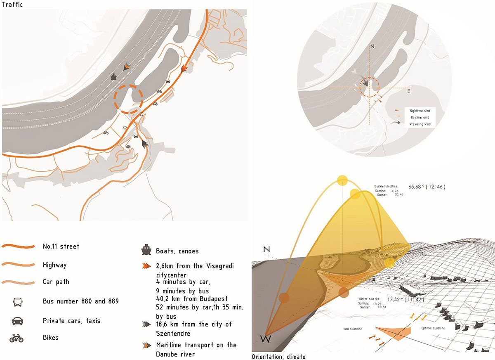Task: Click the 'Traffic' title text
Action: tap(12, 5)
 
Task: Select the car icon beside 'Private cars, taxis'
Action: tap(18, 320)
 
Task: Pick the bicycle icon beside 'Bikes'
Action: tap(16, 339)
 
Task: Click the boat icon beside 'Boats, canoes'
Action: tap(146, 250)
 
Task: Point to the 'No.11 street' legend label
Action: tap(61, 246)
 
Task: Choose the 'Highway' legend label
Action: tap(54, 265)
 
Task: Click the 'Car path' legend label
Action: tap(56, 282)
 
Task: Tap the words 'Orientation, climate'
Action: tap(278, 356)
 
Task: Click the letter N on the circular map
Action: tap(372, 47)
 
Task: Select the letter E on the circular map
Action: tap(409, 91)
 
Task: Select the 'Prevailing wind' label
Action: tap(420, 124)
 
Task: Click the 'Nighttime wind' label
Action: tap(420, 111)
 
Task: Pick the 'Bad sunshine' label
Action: tap(354, 329)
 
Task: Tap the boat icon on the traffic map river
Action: tap(113, 77)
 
